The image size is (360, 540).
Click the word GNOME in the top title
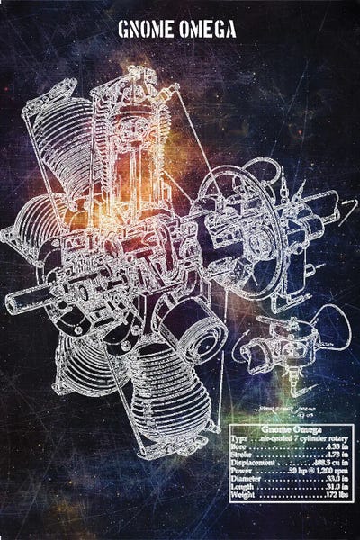coord(147,31)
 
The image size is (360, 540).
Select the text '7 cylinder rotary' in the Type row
coord(311,441)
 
